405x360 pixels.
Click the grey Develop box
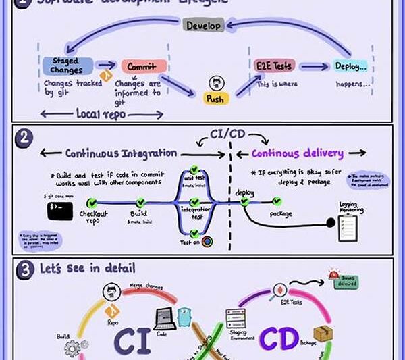pyautogui.click(x=202, y=26)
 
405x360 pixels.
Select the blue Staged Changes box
pyautogui.click(x=66, y=66)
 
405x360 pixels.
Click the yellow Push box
pyautogui.click(x=217, y=98)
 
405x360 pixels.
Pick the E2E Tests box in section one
pyautogui.click(x=274, y=66)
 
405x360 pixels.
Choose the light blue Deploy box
pyautogui.click(x=351, y=66)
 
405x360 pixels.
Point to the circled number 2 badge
pyautogui.click(x=23, y=137)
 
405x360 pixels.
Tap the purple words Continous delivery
pyautogui.click(x=298, y=153)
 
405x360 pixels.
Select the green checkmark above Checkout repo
pyautogui.click(x=92, y=202)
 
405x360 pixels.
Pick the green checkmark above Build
pyautogui.click(x=141, y=202)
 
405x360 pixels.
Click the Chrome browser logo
pyautogui.click(x=207, y=240)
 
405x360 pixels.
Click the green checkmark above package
pyautogui.click(x=276, y=201)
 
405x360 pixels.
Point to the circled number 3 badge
pyautogui.click(x=24, y=271)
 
